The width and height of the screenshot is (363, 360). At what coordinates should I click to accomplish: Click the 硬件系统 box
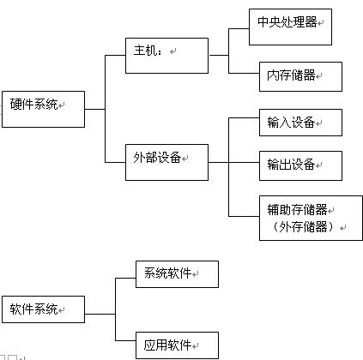pyautogui.click(x=43, y=109)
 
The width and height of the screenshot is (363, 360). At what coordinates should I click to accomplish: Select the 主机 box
pyautogui.click(x=166, y=56)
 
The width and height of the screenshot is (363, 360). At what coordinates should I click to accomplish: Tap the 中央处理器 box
pyautogui.click(x=290, y=27)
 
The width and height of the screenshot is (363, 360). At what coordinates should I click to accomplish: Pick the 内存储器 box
pyautogui.click(x=300, y=76)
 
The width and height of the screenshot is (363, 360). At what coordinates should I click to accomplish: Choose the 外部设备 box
pyautogui.click(x=166, y=162)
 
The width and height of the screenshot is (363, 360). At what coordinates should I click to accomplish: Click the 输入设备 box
pyautogui.click(x=300, y=123)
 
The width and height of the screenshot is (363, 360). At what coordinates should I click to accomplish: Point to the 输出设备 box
pyautogui.click(x=300, y=165)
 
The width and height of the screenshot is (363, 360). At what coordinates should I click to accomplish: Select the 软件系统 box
pyautogui.click(x=43, y=309)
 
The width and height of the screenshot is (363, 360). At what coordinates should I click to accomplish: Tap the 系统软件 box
pyautogui.click(x=177, y=274)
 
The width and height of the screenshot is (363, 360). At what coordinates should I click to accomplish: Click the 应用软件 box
pyautogui.click(x=177, y=345)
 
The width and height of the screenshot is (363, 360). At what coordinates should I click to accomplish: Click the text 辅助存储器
pyautogui.click(x=297, y=210)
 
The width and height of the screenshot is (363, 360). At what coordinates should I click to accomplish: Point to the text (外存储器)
pyautogui.click(x=303, y=227)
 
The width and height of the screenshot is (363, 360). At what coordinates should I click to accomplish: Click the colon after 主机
pyautogui.click(x=160, y=51)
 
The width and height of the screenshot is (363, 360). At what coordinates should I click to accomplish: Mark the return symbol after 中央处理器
pyautogui.click(x=321, y=22)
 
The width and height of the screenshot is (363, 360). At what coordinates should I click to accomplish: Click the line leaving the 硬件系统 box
pyautogui.click(x=95, y=109)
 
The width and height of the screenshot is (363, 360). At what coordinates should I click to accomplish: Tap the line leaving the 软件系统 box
pyautogui.click(x=100, y=314)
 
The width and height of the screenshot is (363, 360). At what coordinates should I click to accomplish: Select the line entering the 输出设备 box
pyautogui.click(x=244, y=162)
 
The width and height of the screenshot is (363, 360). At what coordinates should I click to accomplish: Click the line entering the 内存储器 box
pyautogui.click(x=244, y=73)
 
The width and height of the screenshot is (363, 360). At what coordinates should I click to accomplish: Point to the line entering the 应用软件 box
pyautogui.click(x=125, y=340)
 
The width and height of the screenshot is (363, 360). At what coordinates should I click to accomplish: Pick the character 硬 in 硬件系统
pyautogui.click(x=16, y=104)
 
